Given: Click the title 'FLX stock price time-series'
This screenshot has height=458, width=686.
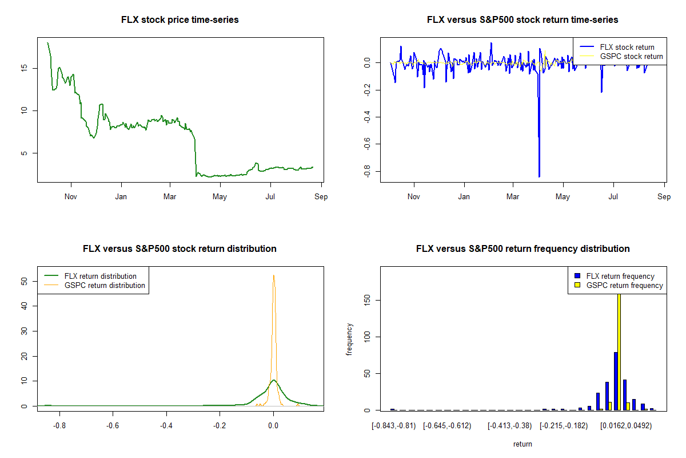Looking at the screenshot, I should click(x=180, y=20).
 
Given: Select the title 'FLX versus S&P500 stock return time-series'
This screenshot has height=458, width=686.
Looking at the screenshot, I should click(x=523, y=20).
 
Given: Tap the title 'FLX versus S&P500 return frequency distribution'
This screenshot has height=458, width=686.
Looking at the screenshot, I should click(x=523, y=249).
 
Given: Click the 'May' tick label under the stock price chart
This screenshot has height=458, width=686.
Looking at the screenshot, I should click(x=220, y=197).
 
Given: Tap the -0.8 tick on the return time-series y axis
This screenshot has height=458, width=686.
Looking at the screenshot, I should click(x=369, y=172).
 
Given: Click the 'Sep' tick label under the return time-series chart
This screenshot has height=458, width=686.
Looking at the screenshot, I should click(x=664, y=197).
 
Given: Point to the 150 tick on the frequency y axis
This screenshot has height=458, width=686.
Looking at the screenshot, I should click(x=369, y=300).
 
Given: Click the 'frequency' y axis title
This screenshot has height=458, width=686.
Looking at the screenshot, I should click(x=350, y=339).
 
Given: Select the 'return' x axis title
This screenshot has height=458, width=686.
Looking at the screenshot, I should click(x=523, y=444).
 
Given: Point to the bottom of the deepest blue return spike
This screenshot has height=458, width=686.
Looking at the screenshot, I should click(x=539, y=176).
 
